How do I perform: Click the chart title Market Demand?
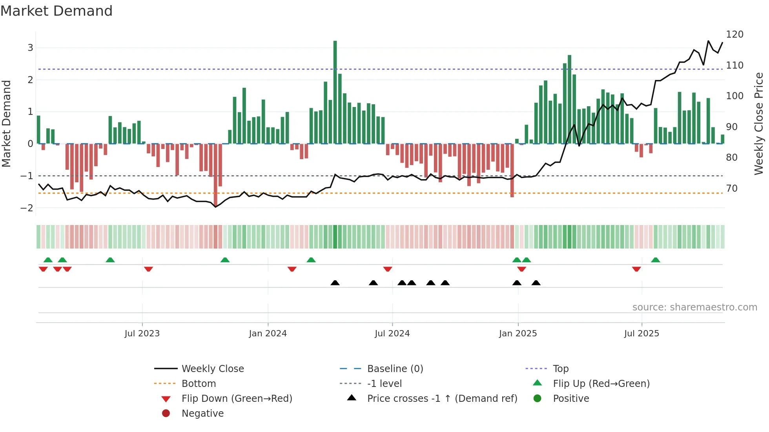point(56,11)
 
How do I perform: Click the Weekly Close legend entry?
point(212,368)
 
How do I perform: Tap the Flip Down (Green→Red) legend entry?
point(237,398)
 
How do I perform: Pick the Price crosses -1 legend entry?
point(442,398)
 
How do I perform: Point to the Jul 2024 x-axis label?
point(392,333)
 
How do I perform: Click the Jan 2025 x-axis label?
point(518,333)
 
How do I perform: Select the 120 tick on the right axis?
point(734,34)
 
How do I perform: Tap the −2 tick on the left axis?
point(27,208)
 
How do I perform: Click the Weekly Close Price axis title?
point(759,123)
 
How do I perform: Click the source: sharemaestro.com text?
point(694,307)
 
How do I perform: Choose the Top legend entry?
point(560,368)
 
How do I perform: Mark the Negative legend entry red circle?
point(166,413)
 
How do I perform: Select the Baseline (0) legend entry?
point(395,368)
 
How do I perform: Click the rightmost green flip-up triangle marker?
point(655,260)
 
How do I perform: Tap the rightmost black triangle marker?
point(536,283)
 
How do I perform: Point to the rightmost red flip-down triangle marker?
point(636,269)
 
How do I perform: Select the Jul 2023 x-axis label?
point(142,333)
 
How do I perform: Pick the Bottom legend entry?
point(199,383)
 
